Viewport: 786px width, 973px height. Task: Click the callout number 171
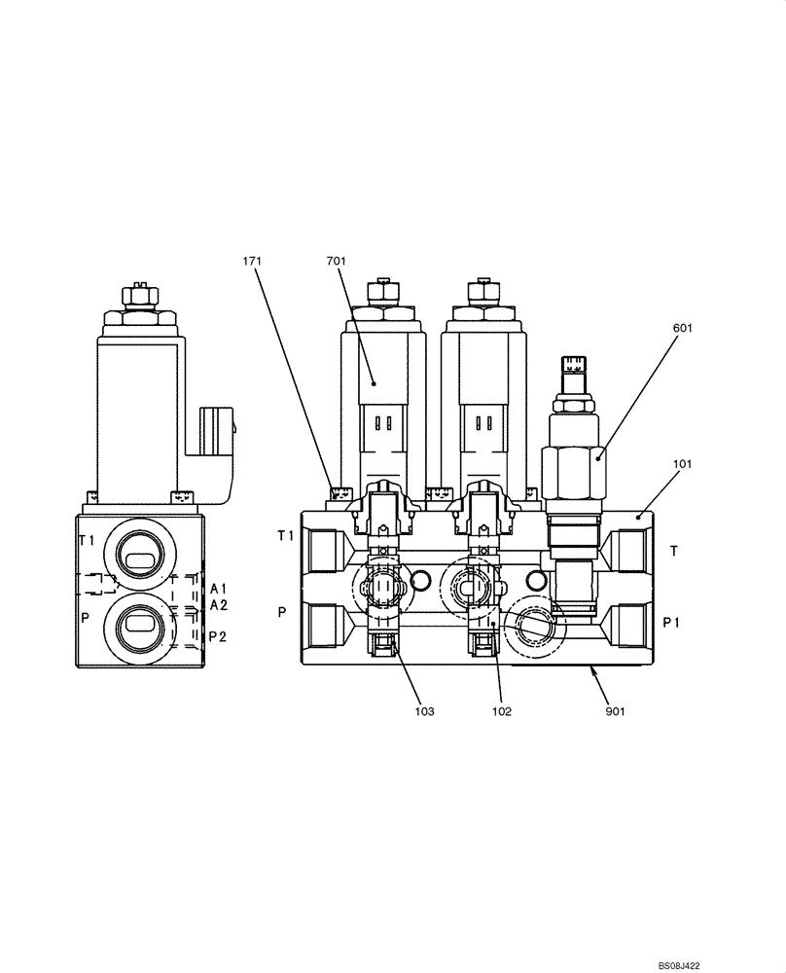click(253, 261)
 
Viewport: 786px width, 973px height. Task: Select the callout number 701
click(337, 261)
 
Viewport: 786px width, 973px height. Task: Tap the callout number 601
click(682, 329)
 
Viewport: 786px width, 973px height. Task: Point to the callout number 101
click(681, 465)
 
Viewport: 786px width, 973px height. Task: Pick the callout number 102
click(501, 711)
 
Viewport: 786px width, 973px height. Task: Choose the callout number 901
click(614, 711)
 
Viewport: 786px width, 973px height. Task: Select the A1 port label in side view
click(219, 589)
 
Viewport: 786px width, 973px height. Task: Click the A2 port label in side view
click(219, 605)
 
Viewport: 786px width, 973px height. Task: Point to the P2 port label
click(219, 636)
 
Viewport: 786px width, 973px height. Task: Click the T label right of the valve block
click(673, 551)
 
